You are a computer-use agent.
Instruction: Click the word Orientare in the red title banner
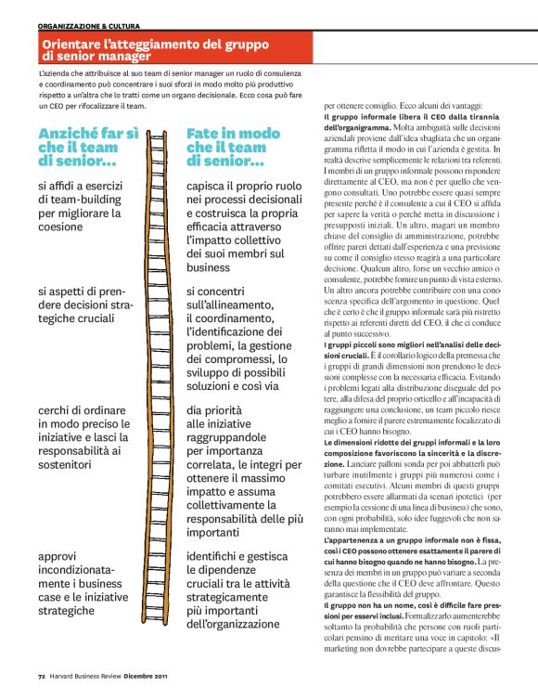pyautogui.click(x=73, y=45)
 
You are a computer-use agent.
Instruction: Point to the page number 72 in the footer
pyautogui.click(x=42, y=677)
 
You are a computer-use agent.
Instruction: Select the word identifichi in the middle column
pyautogui.click(x=221, y=556)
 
